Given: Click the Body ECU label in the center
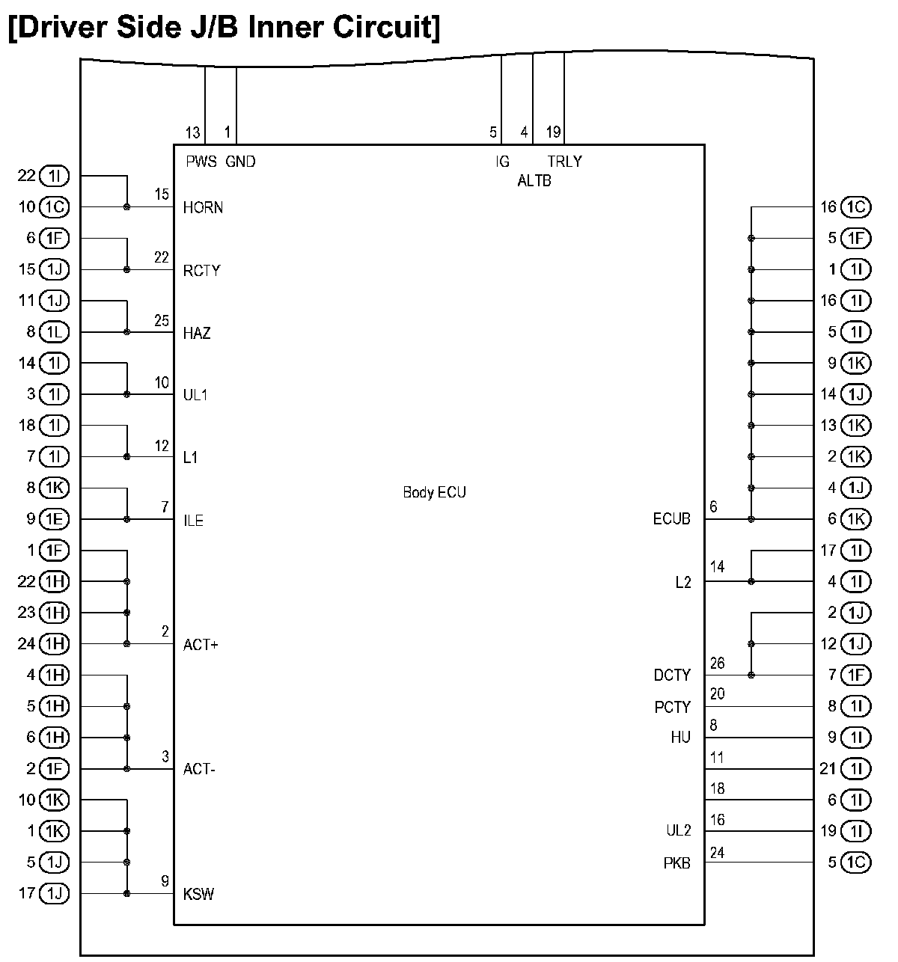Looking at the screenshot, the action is tap(434, 492).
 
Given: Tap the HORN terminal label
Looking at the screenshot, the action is tap(203, 207).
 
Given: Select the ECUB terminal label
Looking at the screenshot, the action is tap(671, 519).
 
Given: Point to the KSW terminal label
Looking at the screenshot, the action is tap(198, 894).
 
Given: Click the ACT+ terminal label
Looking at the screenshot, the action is tap(201, 645).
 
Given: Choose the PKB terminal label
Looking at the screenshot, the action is tap(676, 863).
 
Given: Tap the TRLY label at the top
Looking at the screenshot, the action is tap(564, 162).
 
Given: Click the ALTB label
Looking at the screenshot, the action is tap(534, 181).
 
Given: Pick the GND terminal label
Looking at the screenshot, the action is tap(240, 162).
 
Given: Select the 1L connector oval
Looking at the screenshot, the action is tap(54, 332).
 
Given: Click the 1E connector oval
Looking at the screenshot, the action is tap(54, 519).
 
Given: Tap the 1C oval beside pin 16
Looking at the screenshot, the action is tap(856, 207).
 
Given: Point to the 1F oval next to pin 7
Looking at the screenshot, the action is tap(856, 675).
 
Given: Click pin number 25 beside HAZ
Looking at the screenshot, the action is tap(162, 321).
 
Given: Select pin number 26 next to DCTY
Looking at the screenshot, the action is tap(717, 664).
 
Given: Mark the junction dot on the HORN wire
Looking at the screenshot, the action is tap(127, 207).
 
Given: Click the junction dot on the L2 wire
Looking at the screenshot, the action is tap(751, 582).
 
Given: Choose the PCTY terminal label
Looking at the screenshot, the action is tap(673, 707).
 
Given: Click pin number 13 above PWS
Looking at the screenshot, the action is tap(192, 133).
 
